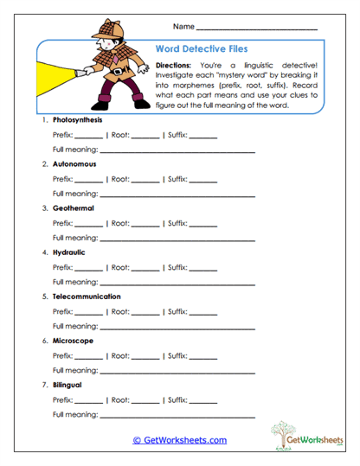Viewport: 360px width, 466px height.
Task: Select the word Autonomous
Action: point(74,163)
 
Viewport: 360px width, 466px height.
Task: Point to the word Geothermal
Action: point(73,207)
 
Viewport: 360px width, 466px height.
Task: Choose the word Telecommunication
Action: point(86,297)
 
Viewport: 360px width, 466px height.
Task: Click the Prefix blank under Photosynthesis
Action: point(88,137)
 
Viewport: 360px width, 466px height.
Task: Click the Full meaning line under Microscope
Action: point(177,372)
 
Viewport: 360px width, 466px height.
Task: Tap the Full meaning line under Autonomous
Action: point(177,195)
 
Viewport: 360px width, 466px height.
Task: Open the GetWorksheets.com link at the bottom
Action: point(179,440)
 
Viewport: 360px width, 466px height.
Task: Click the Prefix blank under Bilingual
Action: point(88,402)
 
